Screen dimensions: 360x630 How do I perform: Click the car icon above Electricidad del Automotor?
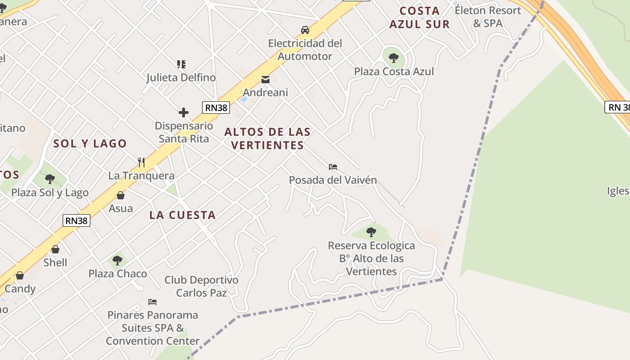(305, 30)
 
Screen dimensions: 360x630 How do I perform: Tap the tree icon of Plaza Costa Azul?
(394, 58)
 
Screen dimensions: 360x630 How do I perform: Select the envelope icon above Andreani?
(265, 80)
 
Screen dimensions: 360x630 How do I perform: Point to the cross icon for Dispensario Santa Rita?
(184, 112)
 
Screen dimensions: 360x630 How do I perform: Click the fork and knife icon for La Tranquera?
(141, 162)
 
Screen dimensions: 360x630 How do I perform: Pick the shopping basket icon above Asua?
(121, 195)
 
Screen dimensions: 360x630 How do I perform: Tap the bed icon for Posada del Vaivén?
(333, 167)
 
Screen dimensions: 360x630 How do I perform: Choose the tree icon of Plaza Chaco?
(117, 260)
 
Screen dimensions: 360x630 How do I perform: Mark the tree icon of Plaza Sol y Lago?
(50, 179)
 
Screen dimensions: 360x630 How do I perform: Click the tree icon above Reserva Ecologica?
(371, 232)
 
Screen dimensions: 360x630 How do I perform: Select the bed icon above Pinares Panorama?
(153, 301)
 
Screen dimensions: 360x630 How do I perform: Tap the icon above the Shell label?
(55, 249)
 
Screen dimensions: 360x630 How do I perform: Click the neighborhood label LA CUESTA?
(183, 215)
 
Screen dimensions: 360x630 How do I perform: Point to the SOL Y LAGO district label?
(90, 144)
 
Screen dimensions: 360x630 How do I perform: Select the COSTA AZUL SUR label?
(419, 18)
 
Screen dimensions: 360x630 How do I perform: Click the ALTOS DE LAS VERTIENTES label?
(267, 138)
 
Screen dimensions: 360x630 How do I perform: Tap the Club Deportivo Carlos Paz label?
(201, 286)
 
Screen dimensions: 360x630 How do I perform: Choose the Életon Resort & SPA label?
(488, 17)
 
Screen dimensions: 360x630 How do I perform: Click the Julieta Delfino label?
(181, 77)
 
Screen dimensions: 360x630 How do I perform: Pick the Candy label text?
(20, 288)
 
